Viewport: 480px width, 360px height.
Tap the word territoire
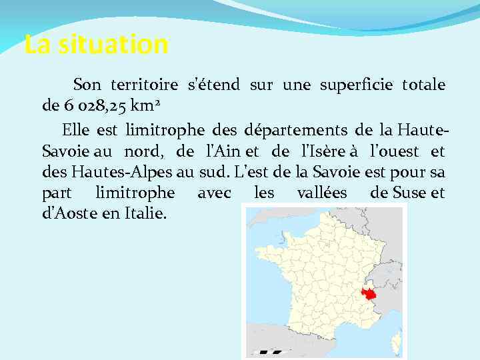144,85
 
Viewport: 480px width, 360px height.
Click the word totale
424,85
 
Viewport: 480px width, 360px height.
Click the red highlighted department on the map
368,294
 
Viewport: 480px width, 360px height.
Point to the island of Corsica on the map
395,341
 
